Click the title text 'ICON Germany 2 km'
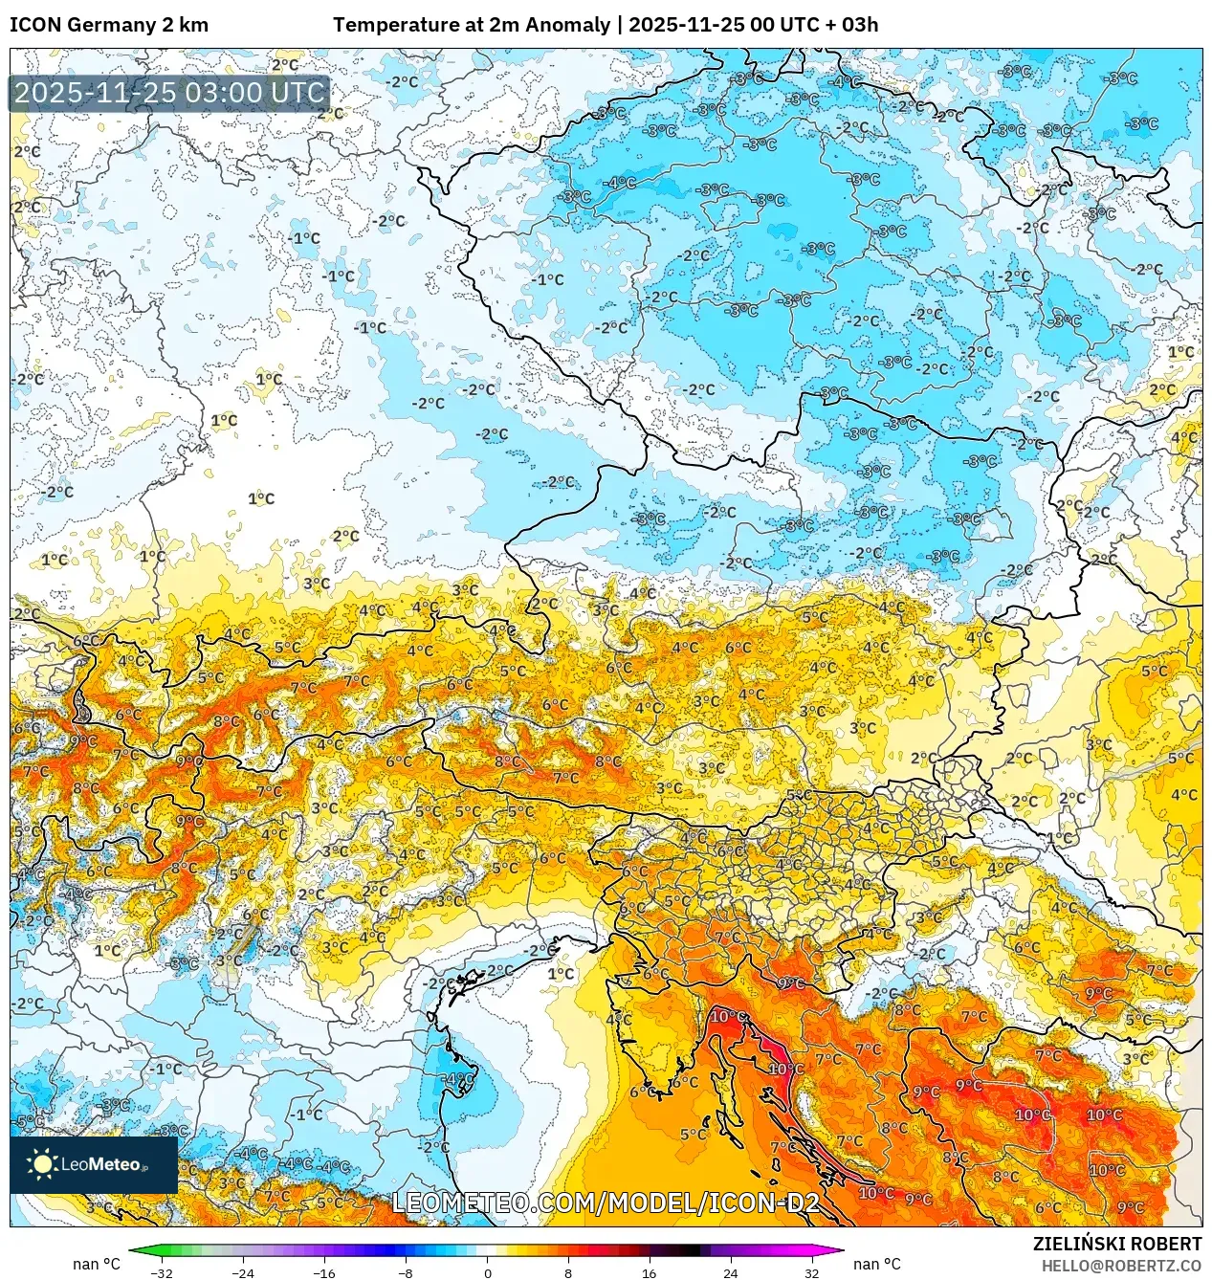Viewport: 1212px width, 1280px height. click(109, 25)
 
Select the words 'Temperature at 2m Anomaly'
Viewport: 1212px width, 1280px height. click(471, 25)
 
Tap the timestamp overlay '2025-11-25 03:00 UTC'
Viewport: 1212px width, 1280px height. click(169, 94)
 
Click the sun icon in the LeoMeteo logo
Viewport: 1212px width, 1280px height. click(42, 1163)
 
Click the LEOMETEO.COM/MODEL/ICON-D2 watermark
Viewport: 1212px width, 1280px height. click(606, 1203)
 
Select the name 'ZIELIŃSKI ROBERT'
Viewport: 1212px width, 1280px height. click(1116, 1244)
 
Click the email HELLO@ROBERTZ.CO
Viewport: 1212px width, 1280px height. click(1121, 1266)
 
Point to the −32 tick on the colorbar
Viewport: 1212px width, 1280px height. click(162, 1272)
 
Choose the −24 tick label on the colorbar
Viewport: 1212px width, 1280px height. click(243, 1272)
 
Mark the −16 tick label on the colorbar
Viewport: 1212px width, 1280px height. click(324, 1272)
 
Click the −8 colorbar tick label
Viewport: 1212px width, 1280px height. click(406, 1272)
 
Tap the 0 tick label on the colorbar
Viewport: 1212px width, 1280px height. click(487, 1272)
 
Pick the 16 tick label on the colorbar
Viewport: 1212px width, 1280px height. click(649, 1272)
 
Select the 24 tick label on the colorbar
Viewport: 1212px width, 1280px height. click(730, 1272)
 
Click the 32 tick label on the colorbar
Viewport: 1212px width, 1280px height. click(811, 1272)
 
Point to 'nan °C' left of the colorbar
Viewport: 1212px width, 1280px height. click(97, 1264)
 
